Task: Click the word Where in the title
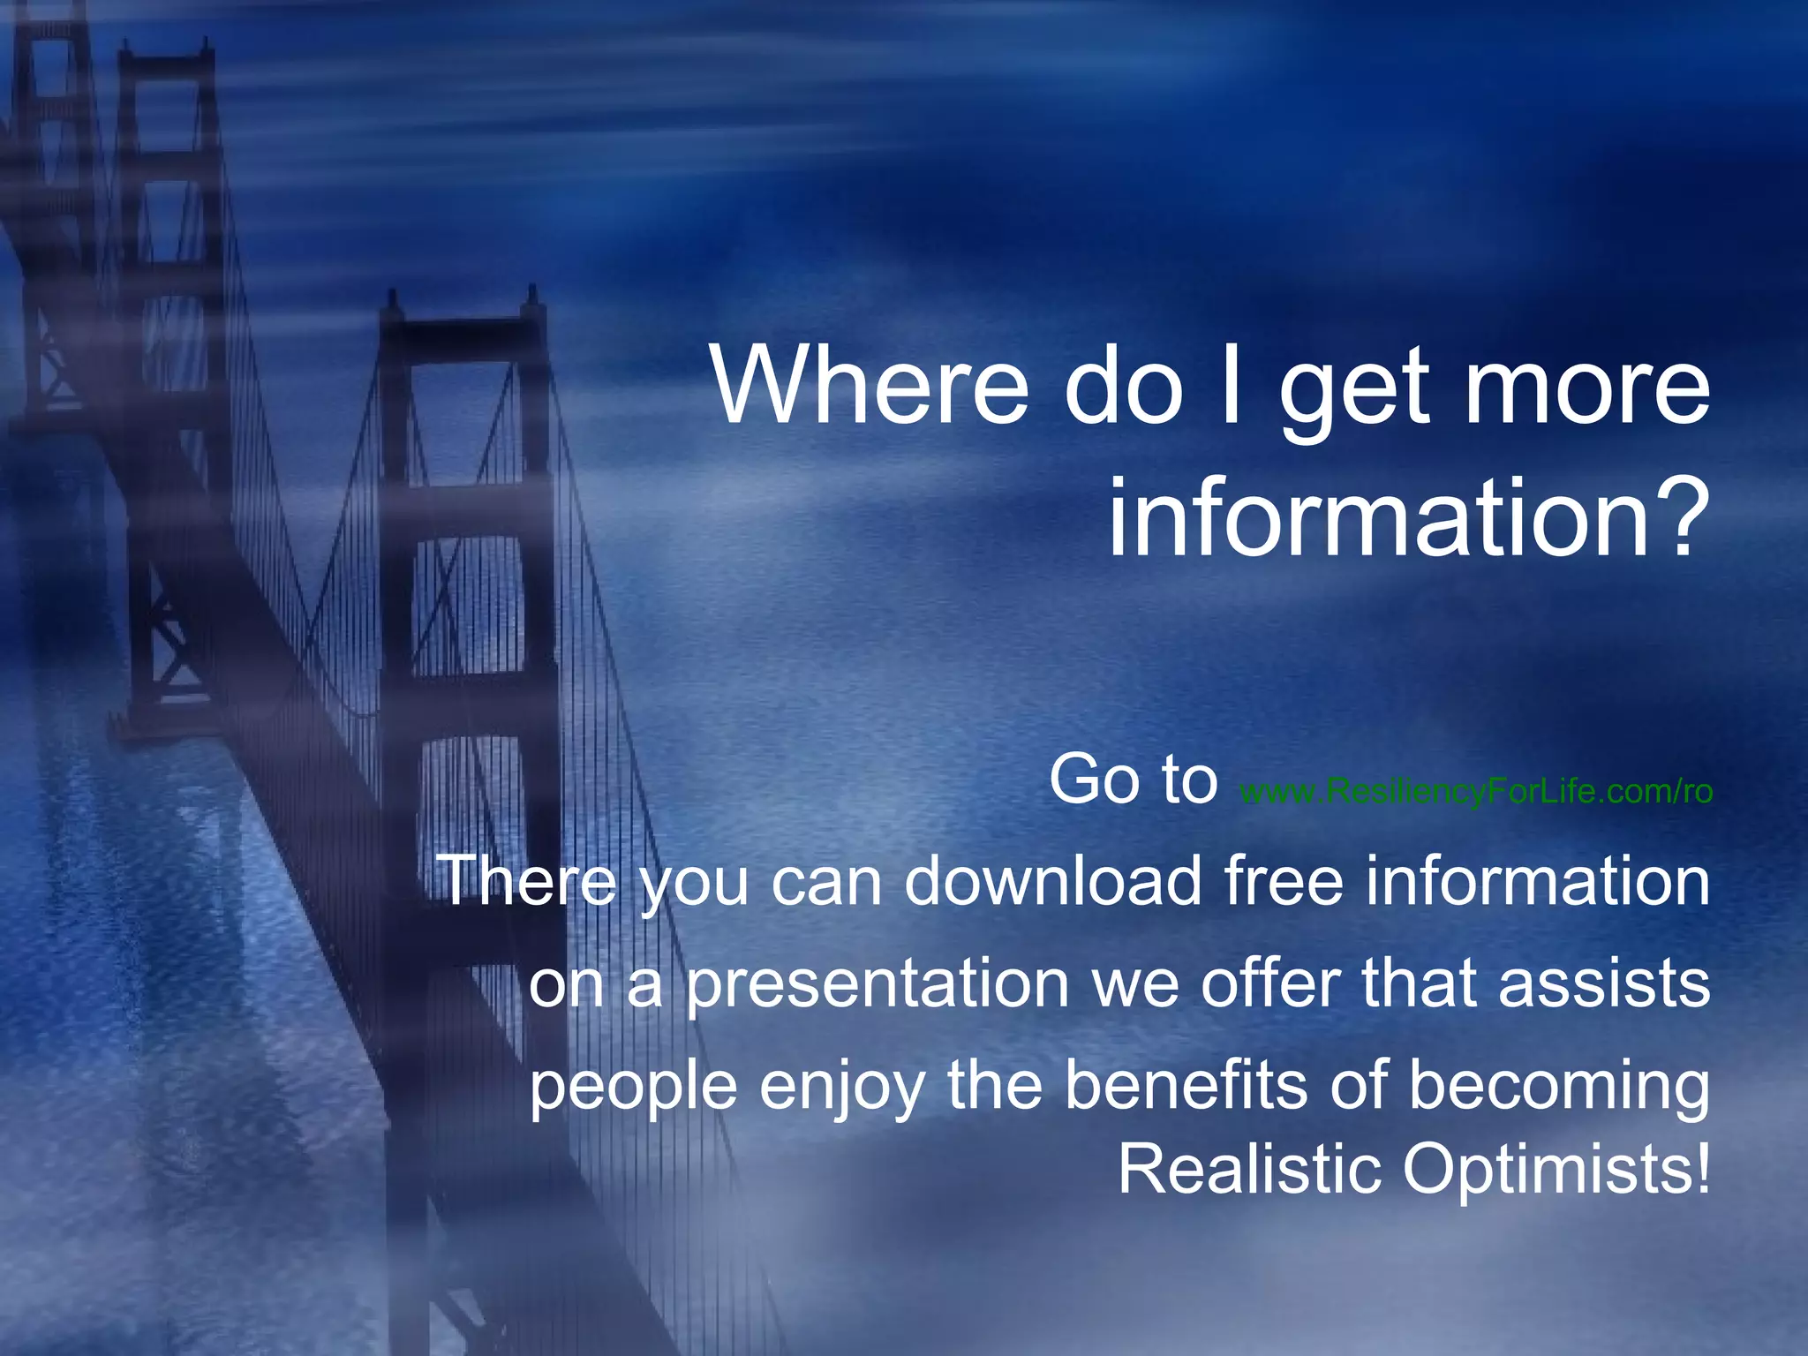pos(870,386)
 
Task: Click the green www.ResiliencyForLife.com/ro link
pos(1476,791)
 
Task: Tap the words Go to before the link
pos(1134,780)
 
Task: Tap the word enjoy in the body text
pos(842,1087)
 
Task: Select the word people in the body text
pos(633,1089)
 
